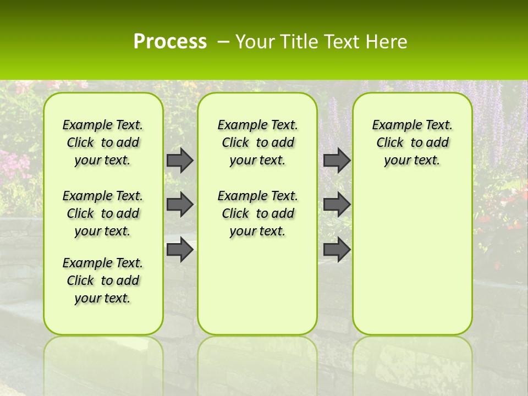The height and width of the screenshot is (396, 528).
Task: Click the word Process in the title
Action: click(x=170, y=42)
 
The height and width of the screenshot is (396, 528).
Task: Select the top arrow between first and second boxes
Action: click(x=179, y=160)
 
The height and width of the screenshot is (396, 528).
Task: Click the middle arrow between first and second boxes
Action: click(x=179, y=205)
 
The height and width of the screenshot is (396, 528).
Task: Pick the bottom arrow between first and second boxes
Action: click(x=179, y=250)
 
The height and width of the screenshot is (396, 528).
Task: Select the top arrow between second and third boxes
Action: click(x=337, y=160)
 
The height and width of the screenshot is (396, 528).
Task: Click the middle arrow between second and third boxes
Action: click(x=337, y=205)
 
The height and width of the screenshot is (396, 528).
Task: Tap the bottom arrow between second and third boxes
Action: click(x=337, y=250)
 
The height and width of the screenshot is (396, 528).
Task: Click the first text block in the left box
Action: click(x=103, y=142)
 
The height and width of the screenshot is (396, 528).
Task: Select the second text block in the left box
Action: click(x=103, y=213)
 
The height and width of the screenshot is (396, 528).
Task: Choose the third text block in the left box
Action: click(x=103, y=280)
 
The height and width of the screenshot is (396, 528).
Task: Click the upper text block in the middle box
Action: click(x=257, y=142)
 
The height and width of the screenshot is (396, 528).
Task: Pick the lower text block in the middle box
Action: click(x=257, y=213)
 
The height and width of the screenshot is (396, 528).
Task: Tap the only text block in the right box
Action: click(x=413, y=142)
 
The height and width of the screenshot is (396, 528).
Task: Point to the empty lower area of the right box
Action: click(x=413, y=258)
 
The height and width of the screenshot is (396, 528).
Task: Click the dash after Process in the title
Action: click(x=223, y=42)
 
